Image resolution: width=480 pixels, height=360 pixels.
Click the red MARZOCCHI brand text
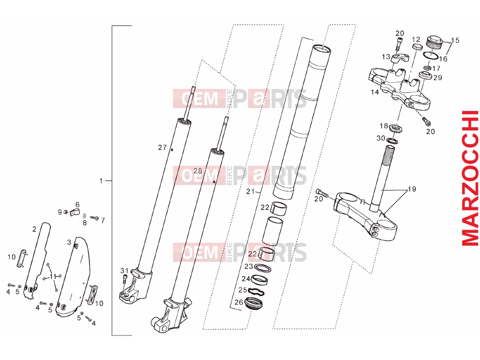(469, 178)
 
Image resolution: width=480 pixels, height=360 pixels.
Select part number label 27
(162, 148)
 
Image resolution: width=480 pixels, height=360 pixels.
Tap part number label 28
(198, 171)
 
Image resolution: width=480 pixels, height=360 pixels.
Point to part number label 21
(250, 192)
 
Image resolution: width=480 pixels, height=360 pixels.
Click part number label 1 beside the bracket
(101, 181)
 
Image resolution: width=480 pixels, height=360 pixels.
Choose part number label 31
(124, 271)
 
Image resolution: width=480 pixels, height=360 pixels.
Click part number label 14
(375, 92)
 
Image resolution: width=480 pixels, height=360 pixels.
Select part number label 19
(412, 189)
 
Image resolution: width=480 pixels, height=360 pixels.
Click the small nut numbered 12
(417, 46)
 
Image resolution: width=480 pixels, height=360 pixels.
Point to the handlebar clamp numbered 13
(397, 58)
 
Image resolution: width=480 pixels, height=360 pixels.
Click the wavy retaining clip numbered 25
(256, 291)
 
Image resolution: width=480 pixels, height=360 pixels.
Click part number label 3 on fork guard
(69, 242)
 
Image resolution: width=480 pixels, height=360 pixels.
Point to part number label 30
(381, 138)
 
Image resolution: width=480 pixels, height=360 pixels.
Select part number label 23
(248, 266)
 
